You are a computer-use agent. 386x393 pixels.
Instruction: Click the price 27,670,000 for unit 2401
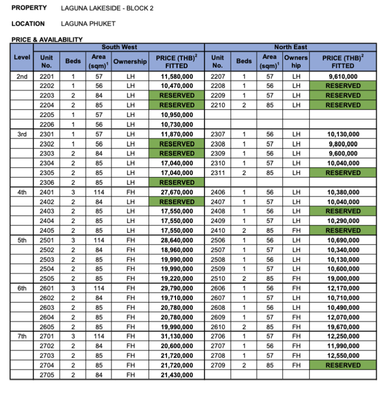177,192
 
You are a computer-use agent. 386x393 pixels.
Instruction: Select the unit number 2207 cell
218,76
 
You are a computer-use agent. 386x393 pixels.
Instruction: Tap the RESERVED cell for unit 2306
177,182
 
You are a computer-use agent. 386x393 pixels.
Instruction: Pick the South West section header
119,47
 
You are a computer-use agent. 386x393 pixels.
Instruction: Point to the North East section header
290,47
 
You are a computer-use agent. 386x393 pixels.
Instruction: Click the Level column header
22,57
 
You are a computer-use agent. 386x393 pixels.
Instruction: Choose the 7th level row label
22,336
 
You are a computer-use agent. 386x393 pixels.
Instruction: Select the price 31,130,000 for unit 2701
177,336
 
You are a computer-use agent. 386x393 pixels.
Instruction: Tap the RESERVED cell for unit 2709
343,365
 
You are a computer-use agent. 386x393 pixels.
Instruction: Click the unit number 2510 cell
218,278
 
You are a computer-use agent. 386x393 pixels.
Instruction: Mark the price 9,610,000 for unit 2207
343,76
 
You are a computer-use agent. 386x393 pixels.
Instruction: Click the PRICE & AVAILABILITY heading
47,39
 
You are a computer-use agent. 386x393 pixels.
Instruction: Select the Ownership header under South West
130,62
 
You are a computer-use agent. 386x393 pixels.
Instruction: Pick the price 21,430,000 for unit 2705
177,375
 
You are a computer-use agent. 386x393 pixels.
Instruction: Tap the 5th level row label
22,240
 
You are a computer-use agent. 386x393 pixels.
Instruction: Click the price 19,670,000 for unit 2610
343,327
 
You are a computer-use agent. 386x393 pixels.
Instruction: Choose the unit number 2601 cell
47,288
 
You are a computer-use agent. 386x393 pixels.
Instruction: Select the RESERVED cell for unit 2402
177,202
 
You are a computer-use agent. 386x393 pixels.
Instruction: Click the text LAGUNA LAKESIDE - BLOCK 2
107,8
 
